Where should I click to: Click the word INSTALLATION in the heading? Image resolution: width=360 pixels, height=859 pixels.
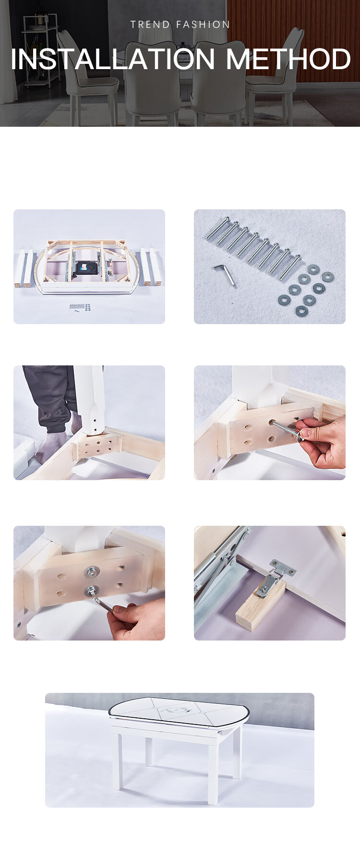[x=113, y=59]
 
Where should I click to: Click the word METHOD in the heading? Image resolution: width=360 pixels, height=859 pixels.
[x=288, y=59]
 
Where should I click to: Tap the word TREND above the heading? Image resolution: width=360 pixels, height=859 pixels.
[x=150, y=24]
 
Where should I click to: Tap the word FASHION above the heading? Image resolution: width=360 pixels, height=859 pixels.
[x=204, y=24]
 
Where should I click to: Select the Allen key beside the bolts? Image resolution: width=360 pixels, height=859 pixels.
[x=226, y=275]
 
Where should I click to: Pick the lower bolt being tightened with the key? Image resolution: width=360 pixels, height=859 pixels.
[x=91, y=591]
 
